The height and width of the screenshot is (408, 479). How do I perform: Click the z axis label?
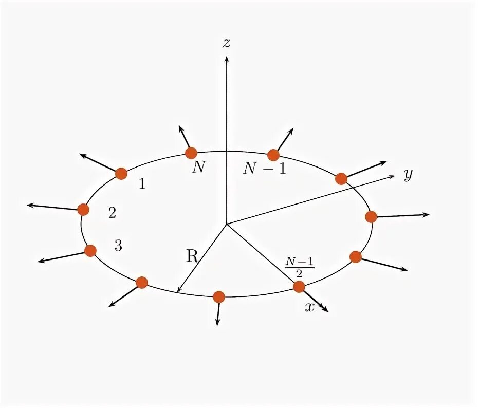coord(226,43)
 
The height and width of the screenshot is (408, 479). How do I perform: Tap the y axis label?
coord(408,176)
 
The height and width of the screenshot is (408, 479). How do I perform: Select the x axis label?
coord(309,307)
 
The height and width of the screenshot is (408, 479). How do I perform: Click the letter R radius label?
coord(192,256)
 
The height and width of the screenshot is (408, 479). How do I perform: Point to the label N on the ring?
coord(198,168)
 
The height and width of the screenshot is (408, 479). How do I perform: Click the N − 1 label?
coord(264,169)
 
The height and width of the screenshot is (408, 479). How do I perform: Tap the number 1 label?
coord(142,184)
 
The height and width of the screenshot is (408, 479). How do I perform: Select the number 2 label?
coord(112,213)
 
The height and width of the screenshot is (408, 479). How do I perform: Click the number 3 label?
coord(118,246)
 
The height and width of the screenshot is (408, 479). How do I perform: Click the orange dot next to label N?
coord(191,153)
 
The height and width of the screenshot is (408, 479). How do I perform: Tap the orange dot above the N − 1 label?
coord(273,155)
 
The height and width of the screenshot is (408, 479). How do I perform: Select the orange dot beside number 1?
coord(121,174)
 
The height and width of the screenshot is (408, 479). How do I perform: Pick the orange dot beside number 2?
coord(83,209)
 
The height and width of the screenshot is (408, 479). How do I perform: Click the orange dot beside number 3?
coord(90,251)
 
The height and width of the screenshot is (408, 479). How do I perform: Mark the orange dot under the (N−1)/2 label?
coord(299,286)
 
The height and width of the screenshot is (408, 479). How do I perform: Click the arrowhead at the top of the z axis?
coord(226,58)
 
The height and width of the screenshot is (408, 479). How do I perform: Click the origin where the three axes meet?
coord(226,224)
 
